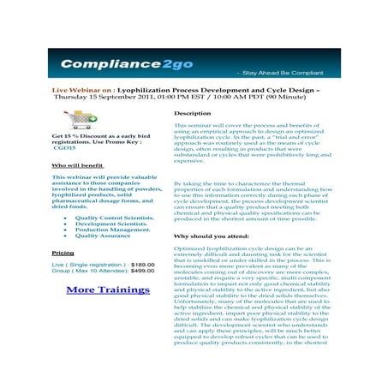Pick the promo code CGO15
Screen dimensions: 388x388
(x=65, y=148)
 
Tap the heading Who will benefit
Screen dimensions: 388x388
(x=77, y=164)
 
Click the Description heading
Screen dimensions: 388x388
(x=192, y=113)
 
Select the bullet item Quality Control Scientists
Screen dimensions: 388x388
(x=115, y=218)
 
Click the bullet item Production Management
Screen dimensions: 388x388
(x=112, y=230)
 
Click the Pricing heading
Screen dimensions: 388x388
(x=63, y=254)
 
